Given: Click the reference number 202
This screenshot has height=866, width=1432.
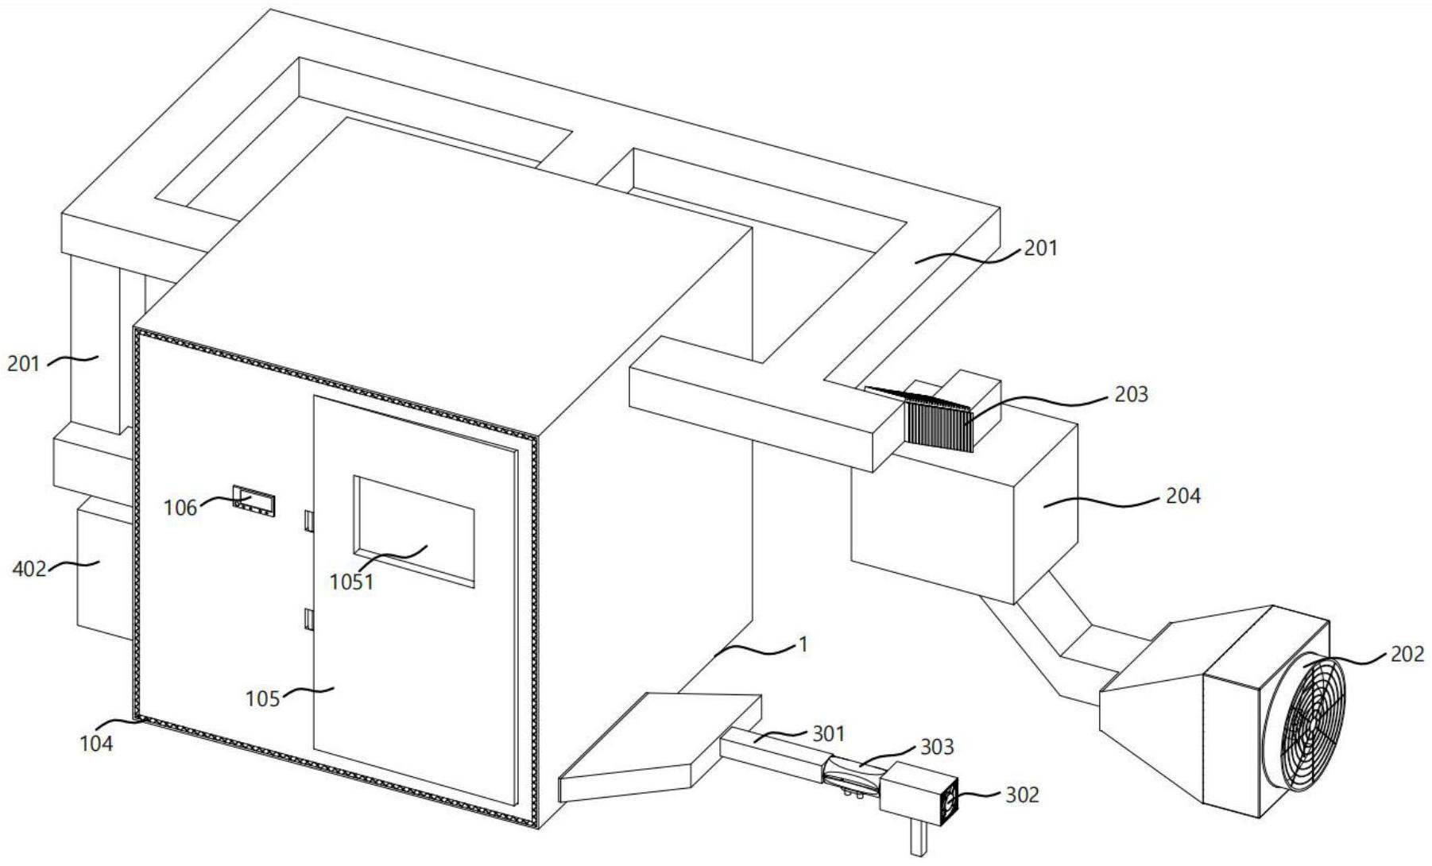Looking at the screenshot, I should pos(1407,654).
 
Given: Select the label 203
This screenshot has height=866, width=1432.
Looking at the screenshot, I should pos(1131,394).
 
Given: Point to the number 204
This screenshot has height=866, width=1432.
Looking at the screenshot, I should pos(1182,497).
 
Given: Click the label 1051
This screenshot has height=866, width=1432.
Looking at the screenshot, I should pos(351,582).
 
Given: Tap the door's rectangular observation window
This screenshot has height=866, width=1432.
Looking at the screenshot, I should pos(414,530).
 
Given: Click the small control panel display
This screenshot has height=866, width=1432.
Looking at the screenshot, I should pos(254,501).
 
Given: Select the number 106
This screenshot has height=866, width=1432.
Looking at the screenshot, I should pos(180,508).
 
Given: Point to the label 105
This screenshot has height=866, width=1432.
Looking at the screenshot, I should pos(263,698).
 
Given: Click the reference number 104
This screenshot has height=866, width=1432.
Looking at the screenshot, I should pos(96,744).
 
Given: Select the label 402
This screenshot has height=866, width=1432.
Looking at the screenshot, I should pos(29,569).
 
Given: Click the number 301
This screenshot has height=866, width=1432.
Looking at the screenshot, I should pos(829,734).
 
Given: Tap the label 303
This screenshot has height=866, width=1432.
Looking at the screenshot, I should pos(936,747).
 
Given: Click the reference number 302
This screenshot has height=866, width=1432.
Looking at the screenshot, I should pos(1022,794).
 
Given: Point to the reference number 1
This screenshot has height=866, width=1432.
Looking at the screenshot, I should pos(803,644).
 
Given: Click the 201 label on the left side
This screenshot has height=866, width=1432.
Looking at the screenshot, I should pos(24,365).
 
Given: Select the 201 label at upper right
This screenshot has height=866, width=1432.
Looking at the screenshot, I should pos(1040,249).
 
